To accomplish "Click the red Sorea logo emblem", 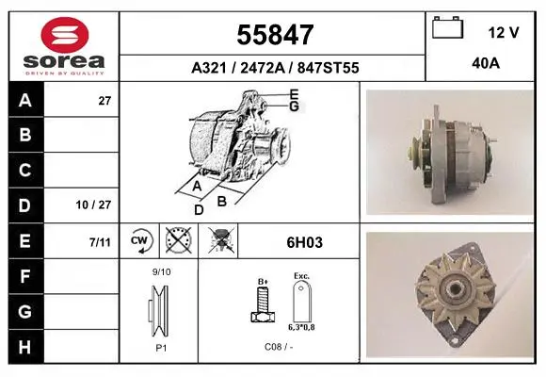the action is pyautogui.click(x=65, y=35).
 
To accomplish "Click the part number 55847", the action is pyautogui.click(x=275, y=35).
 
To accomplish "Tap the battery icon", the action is pyautogui.click(x=447, y=27).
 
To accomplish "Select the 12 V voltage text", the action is pyautogui.click(x=504, y=33).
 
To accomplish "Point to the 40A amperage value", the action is pyautogui.click(x=486, y=63).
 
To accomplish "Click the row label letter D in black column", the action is pyautogui.click(x=24, y=205).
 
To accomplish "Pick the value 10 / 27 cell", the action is pyautogui.click(x=93, y=205).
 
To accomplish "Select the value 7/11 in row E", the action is pyautogui.click(x=100, y=242).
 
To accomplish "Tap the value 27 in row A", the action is pyautogui.click(x=104, y=101).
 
